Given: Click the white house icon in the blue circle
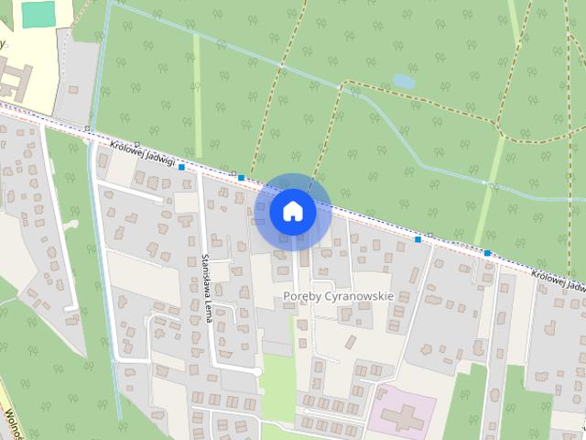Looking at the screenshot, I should pos(292,211).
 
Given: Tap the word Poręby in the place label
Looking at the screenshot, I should pos(301,296).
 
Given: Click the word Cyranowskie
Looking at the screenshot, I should pos(357,296).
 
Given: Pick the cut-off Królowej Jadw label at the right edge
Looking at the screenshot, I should pos(558,280).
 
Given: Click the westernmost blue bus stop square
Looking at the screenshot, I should pos(182,167).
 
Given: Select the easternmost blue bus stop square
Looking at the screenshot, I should pos(487,253).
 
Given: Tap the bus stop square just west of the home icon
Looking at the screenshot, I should pos(241,177).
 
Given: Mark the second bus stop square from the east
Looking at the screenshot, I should pos(418,239).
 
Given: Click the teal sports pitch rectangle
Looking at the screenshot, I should pos(38,13).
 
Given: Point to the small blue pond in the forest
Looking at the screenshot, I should pos(403,82).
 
